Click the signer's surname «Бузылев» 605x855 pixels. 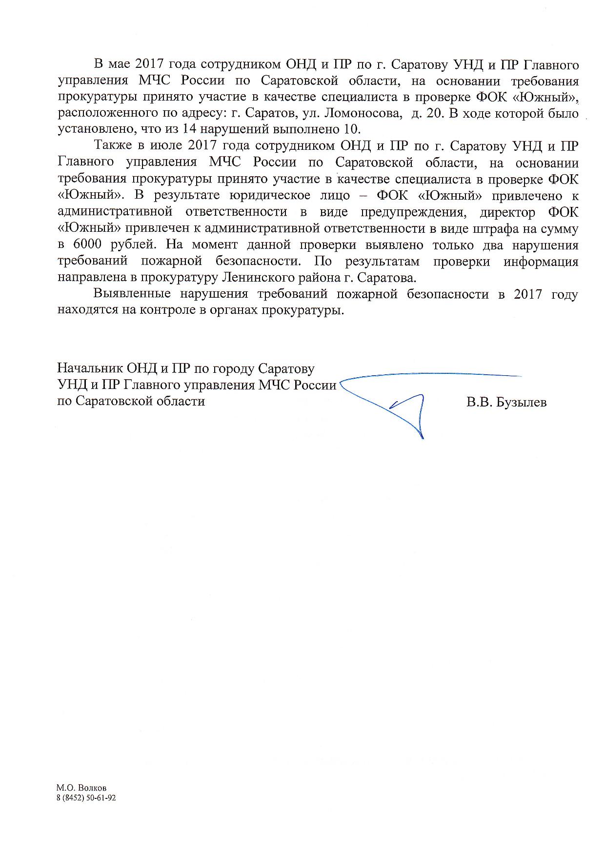521,402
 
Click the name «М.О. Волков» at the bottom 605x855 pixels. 81,788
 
